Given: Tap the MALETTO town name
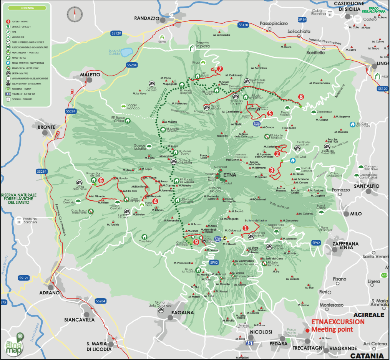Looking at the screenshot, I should (90, 74).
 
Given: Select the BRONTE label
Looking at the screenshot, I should (47, 127).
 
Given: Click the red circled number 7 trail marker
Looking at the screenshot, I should (219, 69).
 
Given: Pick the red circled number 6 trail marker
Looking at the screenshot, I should (101, 180).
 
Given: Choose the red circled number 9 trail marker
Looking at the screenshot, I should (196, 242).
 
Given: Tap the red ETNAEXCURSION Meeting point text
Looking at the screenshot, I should (337, 325).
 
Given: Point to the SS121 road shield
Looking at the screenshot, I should (23, 277).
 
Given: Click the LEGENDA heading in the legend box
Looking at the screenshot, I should (27, 8).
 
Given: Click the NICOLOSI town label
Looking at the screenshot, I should (261, 332).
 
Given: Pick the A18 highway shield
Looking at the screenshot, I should (384, 275).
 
